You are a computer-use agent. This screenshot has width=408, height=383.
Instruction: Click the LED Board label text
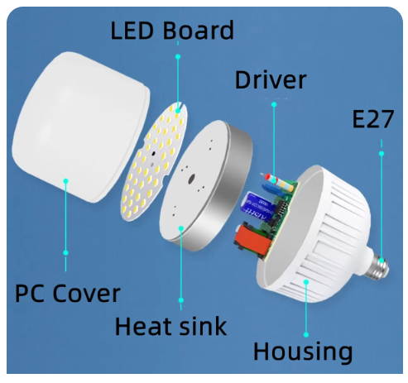[x=172, y=30]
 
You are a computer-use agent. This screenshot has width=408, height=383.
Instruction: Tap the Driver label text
[x=271, y=79]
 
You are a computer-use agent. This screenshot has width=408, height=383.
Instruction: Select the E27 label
[x=373, y=119]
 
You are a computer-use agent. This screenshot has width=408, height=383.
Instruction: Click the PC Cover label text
[x=68, y=294]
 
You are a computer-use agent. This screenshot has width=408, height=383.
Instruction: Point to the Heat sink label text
[x=170, y=326]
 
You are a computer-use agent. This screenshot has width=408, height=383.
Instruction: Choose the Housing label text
[x=303, y=352]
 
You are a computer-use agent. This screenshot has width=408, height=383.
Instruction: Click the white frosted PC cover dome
[x=80, y=127]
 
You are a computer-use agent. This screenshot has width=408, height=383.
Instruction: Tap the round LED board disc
[x=154, y=161]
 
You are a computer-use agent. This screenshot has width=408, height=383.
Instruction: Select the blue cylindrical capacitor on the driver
[x=256, y=207]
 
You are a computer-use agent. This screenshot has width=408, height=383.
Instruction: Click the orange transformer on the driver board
[x=252, y=240]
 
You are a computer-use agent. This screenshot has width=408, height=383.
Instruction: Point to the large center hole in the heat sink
[x=191, y=180]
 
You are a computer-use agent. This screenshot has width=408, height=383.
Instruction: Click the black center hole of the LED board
[x=153, y=154]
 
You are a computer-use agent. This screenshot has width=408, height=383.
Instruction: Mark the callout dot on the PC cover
[x=65, y=181]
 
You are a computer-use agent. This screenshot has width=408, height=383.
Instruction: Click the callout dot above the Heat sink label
[x=181, y=300]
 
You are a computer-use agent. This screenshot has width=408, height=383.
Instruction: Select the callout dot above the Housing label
[x=306, y=335]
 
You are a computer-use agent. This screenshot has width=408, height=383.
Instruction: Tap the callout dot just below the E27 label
[x=382, y=154]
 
